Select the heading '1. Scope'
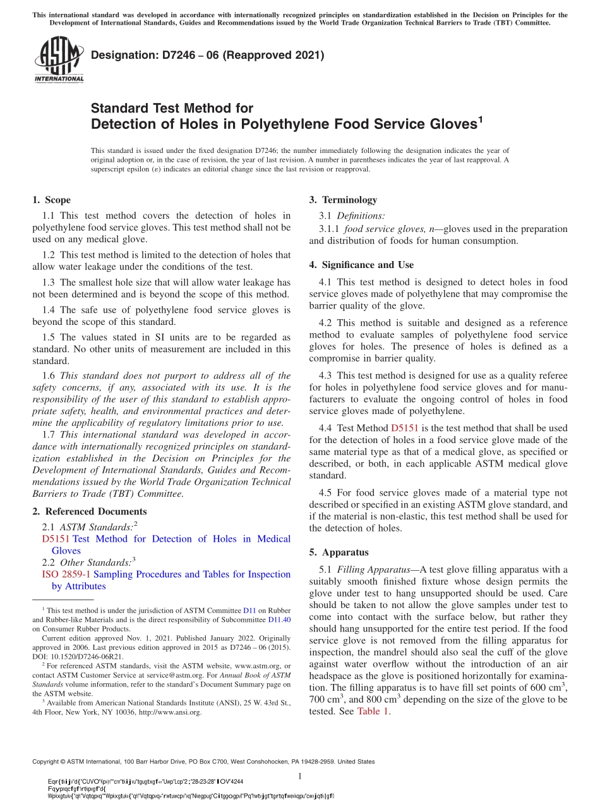click(51, 200)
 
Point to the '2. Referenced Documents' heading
click(89, 511)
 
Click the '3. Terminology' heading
click(343, 200)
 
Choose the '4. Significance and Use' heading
click(361, 265)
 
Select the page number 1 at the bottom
click(300, 776)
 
